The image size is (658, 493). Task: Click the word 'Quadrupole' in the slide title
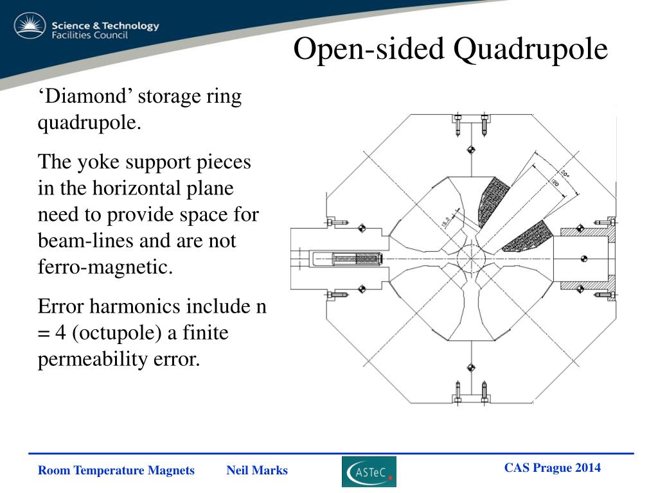pos(530,49)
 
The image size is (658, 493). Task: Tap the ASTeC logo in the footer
pos(369,472)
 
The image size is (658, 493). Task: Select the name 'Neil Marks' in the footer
pos(257,471)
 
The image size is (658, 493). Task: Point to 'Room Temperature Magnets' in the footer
pos(116,471)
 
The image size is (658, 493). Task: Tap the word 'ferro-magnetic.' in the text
pos(106,266)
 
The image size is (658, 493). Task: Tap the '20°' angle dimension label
pos(564,175)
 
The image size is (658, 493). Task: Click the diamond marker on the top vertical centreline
pos(472,150)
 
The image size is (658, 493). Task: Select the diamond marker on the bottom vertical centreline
pos(472,367)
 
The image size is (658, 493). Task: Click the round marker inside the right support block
pos(583,259)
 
